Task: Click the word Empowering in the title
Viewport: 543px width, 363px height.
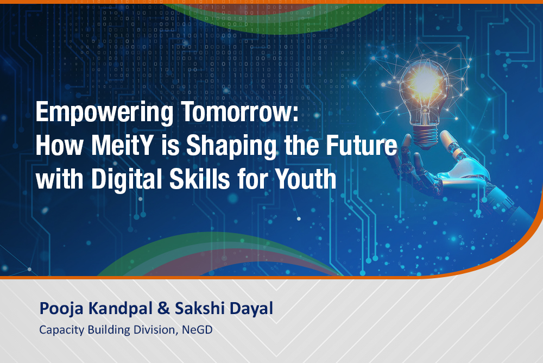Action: coord(104,112)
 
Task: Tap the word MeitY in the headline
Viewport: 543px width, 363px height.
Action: coord(123,145)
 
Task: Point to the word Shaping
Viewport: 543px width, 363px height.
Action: coord(231,146)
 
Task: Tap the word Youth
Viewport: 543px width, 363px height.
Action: coord(306,179)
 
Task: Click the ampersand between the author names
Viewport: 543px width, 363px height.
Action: coord(163,308)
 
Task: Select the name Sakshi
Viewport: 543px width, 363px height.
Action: coord(200,308)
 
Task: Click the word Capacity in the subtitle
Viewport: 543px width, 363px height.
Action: coord(61,330)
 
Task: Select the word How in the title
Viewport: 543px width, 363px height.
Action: coord(59,145)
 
